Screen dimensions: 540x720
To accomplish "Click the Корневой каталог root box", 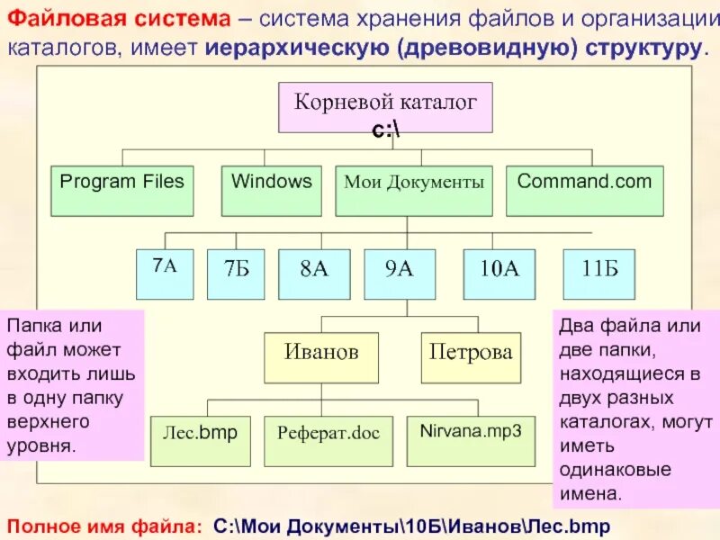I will (386, 105).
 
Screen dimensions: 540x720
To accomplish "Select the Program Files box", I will (121, 190).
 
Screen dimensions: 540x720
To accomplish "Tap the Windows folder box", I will (272, 190).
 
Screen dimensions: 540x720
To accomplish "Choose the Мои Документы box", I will (414, 190).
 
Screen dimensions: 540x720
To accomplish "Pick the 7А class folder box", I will (164, 274).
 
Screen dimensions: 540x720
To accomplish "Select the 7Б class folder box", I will (236, 274).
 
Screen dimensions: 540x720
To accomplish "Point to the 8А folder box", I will (313, 274).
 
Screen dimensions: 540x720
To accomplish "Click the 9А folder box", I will (400, 274).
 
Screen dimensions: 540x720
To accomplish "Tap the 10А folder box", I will (499, 274).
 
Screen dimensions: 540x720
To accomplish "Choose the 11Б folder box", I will (598, 274).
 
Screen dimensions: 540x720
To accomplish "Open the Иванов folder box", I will (321, 357).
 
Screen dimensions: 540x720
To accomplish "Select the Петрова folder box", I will (471, 357).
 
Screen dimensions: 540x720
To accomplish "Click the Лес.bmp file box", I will (199, 440).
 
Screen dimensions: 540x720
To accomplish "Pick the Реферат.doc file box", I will (328, 440).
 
